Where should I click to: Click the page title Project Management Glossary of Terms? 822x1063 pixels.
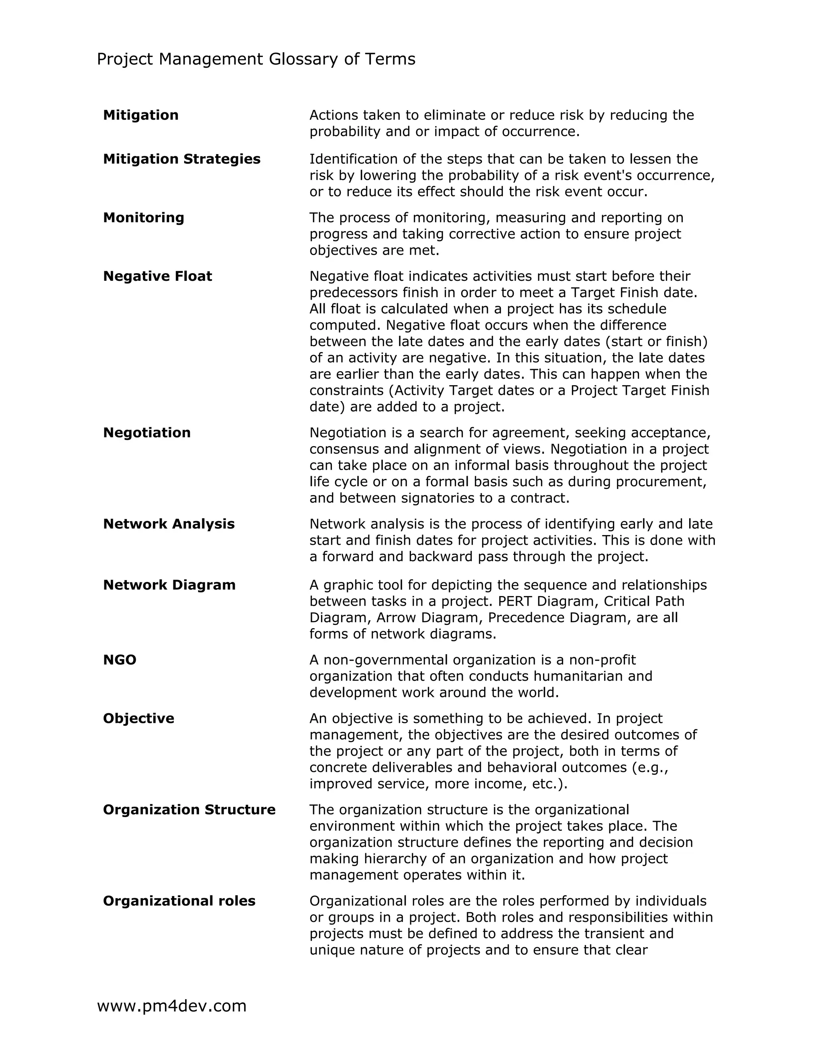pos(256,59)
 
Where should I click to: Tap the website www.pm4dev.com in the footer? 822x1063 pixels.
pos(171,1006)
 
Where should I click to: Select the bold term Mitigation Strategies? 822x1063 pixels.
pos(182,159)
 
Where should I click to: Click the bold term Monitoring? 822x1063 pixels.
pos(144,217)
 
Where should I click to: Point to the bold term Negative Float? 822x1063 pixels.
pos(157,276)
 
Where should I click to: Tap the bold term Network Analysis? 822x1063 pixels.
pos(169,524)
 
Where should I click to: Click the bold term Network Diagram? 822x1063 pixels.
pos(169,585)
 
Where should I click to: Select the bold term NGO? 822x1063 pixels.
pos(120,660)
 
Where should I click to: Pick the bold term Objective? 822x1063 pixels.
pos(138,718)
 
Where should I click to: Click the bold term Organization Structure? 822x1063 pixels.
pos(189,810)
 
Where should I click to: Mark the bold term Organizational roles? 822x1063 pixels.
pos(179,901)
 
